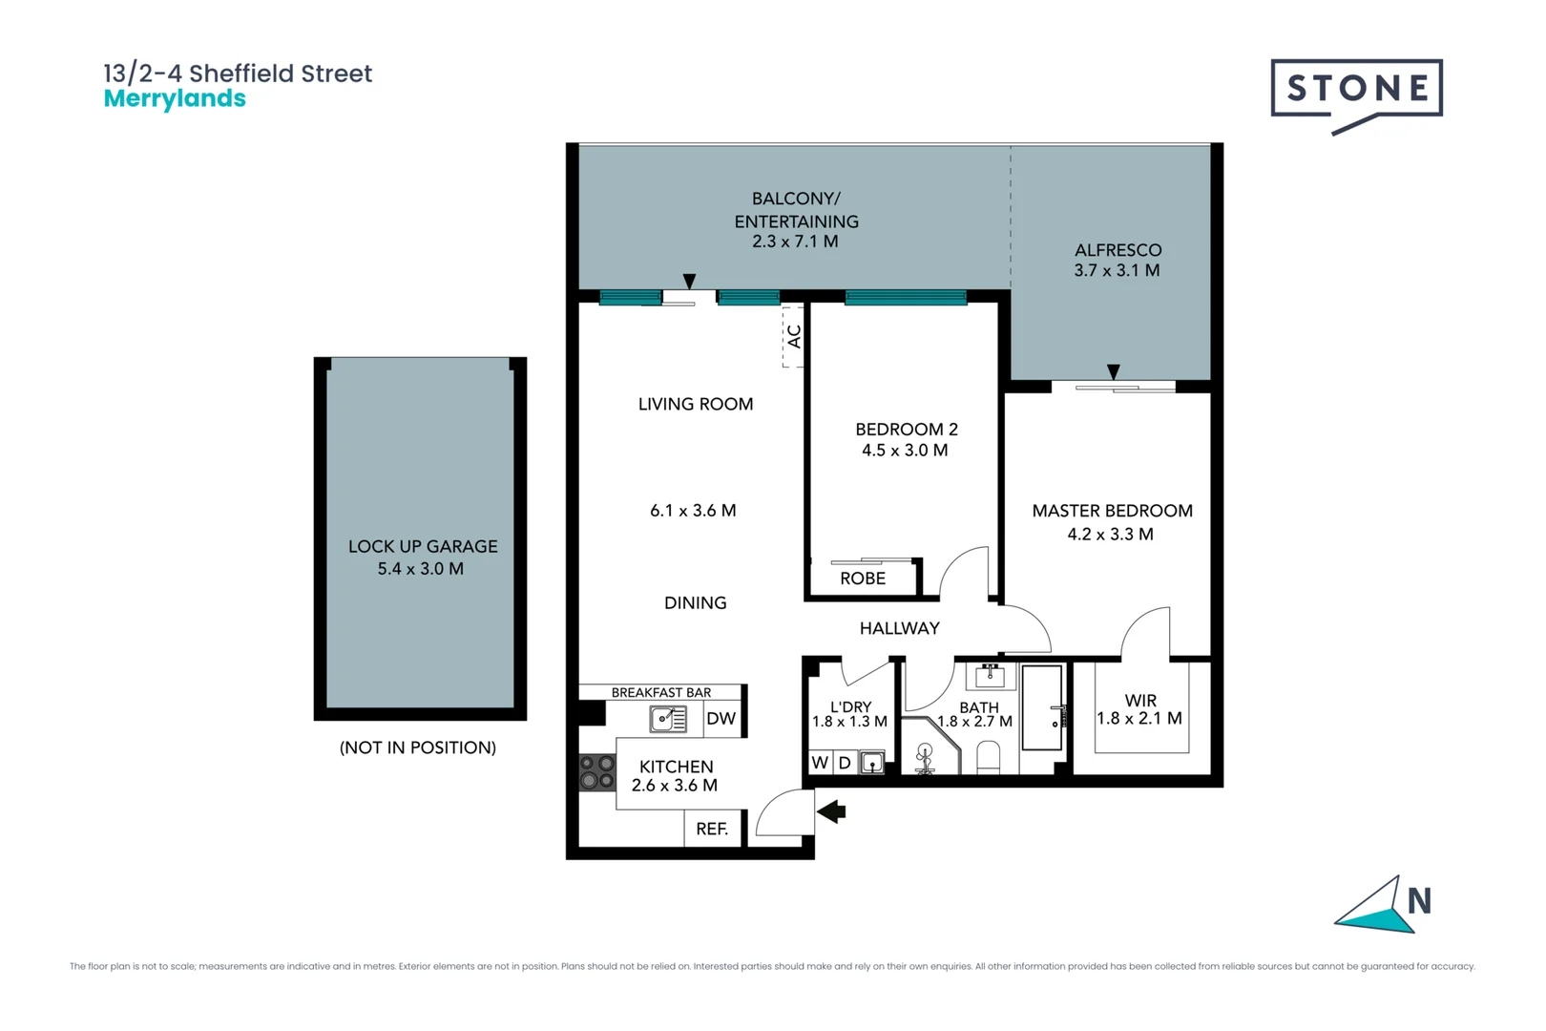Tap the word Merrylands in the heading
point(175,98)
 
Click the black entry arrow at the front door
point(831,811)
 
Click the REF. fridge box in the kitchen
point(712,829)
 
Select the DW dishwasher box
point(721,719)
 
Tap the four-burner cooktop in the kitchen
point(597,771)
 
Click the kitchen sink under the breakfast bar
point(667,719)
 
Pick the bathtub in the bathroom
point(1042,707)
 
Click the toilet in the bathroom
point(989,758)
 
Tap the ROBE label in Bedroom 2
point(863,579)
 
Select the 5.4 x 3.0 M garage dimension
point(420,569)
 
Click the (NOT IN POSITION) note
point(418,747)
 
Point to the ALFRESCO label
point(1118,250)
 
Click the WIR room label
point(1140,701)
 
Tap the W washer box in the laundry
point(820,763)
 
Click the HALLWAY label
point(899,628)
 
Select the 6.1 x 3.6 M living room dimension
point(693,511)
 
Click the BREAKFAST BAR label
point(661,692)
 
